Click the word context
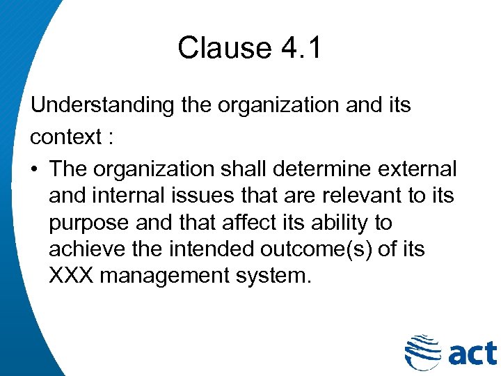pos(67,136)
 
